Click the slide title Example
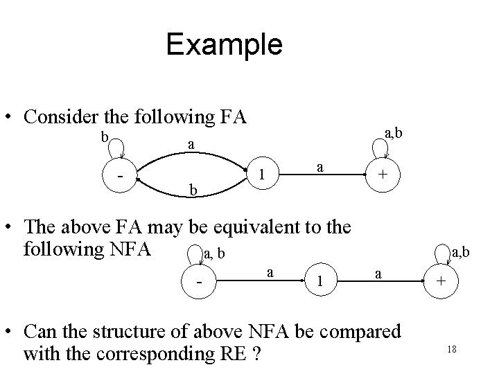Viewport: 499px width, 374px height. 224,45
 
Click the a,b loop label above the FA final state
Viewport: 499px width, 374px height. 392,132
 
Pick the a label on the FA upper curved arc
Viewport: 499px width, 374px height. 191,144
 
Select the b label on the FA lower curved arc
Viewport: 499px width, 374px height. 194,190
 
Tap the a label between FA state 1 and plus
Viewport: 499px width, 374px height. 318,167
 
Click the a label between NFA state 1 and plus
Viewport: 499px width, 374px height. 378,274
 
